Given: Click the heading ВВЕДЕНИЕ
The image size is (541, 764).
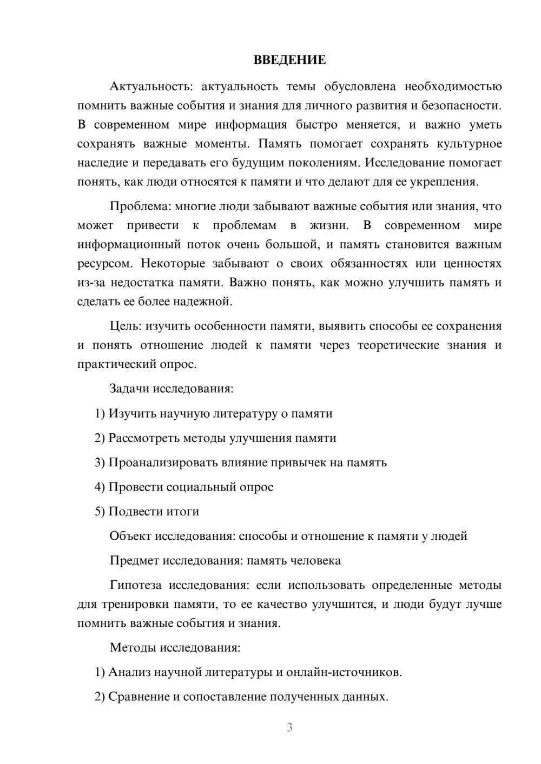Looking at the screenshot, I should (x=289, y=60).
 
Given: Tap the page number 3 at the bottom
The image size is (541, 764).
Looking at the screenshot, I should (x=289, y=727).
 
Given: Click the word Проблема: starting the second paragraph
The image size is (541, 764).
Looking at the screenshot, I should (x=135, y=206).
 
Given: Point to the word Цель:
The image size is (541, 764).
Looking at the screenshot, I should (x=126, y=326).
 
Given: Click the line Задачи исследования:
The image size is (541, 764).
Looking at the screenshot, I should (x=171, y=388).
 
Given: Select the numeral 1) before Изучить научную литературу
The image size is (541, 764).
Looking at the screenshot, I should (x=100, y=413).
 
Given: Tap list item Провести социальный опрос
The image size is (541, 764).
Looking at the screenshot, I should (x=191, y=487).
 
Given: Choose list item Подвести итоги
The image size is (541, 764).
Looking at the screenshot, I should (x=154, y=511).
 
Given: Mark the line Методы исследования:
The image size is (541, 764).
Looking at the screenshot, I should (x=175, y=647).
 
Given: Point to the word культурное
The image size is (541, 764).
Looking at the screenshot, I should (x=469, y=144).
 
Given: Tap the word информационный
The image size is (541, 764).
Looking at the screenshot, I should (x=129, y=244).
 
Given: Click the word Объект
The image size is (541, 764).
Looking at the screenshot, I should (x=130, y=536).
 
